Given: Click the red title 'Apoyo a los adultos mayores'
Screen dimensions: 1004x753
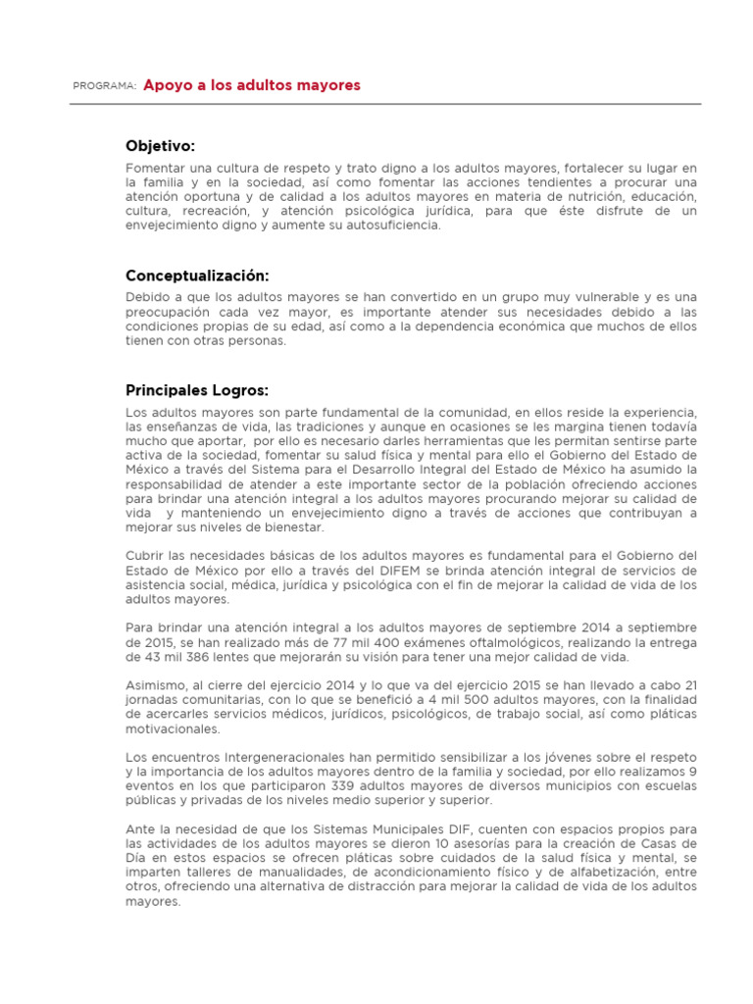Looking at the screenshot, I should [x=252, y=85].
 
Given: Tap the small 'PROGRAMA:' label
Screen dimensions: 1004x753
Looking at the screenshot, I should [x=104, y=86].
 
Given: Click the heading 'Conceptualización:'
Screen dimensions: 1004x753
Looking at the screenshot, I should [x=197, y=276].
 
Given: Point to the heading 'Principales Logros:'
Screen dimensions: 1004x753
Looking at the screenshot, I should [x=197, y=390].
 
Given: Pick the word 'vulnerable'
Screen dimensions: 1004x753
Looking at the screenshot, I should [x=570, y=297].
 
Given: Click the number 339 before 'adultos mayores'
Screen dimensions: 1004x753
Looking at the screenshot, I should [x=350, y=786].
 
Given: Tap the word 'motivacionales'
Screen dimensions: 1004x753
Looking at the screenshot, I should [x=173, y=728].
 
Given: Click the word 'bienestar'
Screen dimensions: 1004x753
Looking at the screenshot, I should [x=280, y=527].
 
